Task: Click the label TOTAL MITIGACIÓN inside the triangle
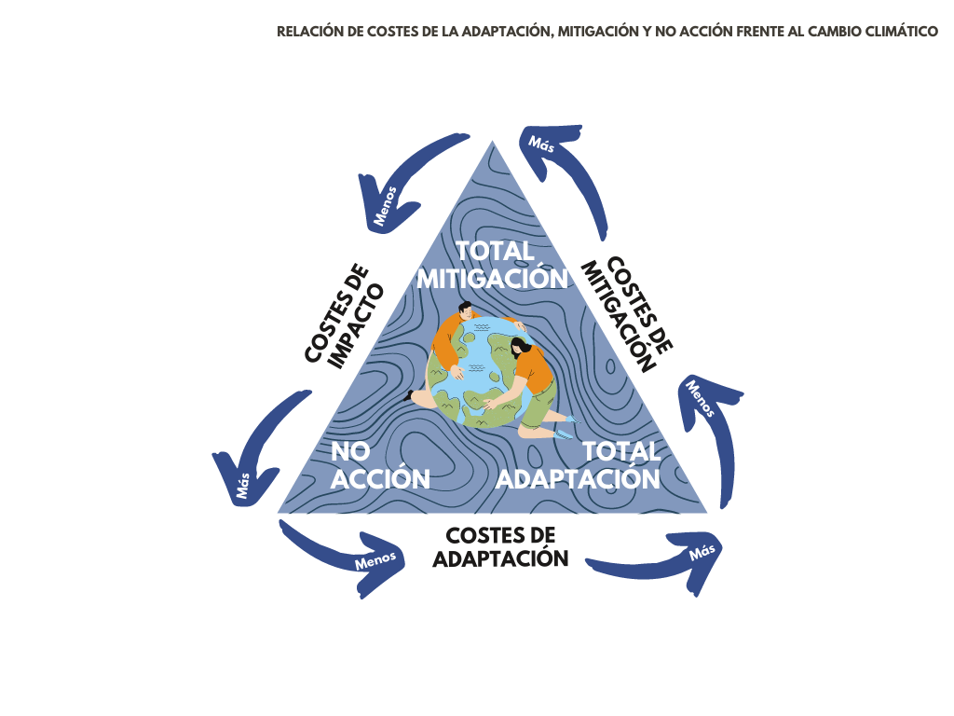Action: (491, 265)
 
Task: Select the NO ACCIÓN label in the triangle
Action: (380, 465)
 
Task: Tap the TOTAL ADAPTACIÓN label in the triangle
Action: (579, 465)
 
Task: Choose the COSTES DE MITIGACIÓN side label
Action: (627, 314)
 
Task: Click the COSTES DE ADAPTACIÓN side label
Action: (500, 547)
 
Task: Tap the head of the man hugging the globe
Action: (465, 314)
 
